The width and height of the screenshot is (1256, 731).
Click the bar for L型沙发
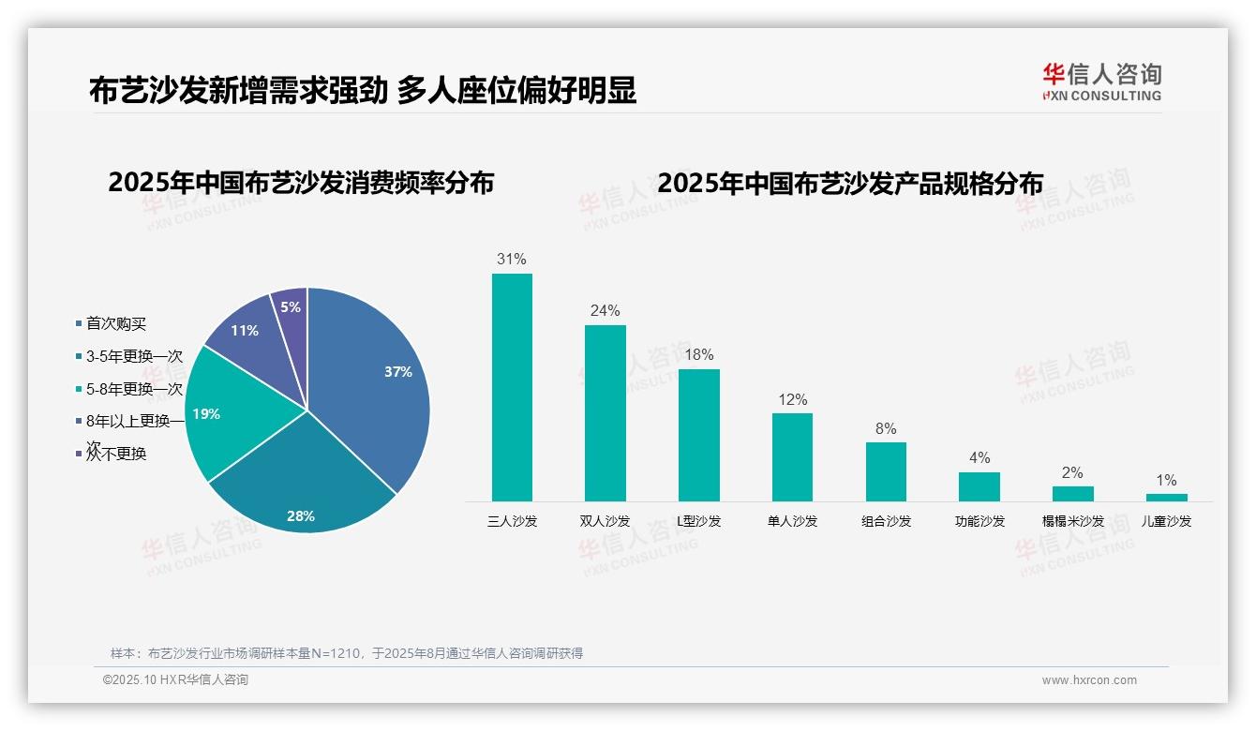pos(698,435)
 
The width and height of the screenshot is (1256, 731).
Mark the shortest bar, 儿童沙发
pos(1166,498)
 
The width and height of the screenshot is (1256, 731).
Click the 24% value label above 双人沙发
pos(605,310)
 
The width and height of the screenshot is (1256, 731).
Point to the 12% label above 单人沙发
pos(792,399)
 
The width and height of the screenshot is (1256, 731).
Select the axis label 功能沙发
pos(979,521)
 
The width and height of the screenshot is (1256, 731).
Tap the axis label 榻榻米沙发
pos(1072,521)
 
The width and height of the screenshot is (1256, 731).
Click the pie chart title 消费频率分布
pos(301,183)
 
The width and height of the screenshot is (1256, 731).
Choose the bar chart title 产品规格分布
pos(849,183)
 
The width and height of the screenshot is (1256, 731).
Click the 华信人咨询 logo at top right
pos(1101,82)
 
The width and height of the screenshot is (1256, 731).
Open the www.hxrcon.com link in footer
pos(1089,680)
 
